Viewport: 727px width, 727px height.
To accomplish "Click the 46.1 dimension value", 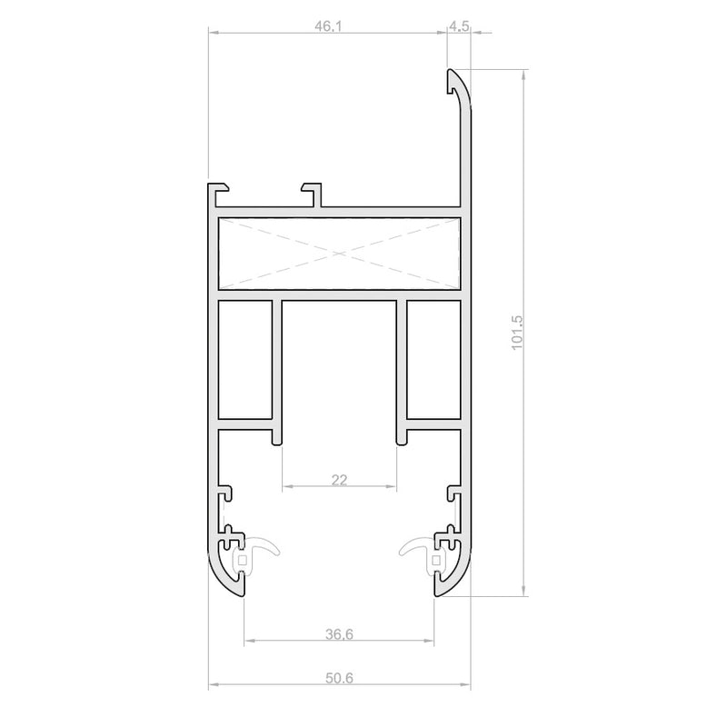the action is (328, 26).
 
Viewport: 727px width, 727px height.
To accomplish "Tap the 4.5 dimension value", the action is (459, 26).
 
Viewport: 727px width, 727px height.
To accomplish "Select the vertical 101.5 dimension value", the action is (516, 333).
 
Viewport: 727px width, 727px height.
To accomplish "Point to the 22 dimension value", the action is (339, 480).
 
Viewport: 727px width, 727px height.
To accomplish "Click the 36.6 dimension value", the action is (339, 633).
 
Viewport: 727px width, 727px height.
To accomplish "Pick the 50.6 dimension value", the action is (339, 678).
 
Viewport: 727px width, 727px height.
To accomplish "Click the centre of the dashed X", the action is (339, 254).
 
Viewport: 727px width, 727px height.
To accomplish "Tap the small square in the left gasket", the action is (242, 560).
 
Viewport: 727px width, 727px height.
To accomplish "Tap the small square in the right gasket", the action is (436, 560).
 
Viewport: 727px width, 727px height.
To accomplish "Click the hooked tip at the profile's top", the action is (451, 81).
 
